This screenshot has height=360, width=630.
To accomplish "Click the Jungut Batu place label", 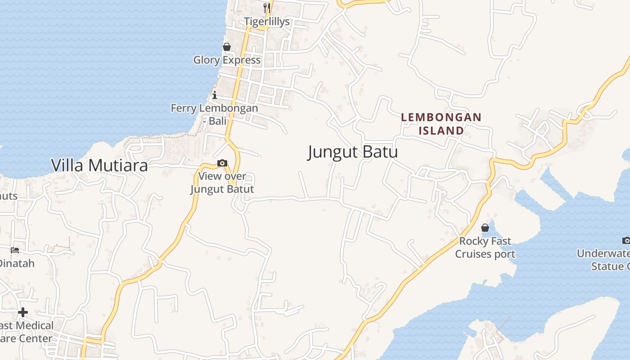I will tap(353, 152).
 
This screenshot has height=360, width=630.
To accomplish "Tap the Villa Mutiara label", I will tap(99, 166).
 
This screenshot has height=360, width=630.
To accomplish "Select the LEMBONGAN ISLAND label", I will tap(441, 124).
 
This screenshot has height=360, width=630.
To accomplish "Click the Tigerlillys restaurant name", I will tap(267, 22).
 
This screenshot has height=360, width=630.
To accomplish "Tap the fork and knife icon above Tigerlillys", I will tap(267, 8).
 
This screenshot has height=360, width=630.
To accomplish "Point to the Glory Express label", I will tap(227, 60).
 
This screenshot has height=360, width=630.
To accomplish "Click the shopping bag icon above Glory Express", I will tap(227, 47).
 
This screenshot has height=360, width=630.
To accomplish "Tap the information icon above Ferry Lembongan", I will tap(215, 95).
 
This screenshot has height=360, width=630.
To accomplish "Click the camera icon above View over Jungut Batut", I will tap(222, 163).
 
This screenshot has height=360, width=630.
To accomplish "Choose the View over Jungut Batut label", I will tap(222, 182).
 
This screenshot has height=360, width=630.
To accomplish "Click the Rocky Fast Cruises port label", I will tap(485, 247).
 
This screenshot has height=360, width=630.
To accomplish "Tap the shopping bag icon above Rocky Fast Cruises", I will tap(485, 228).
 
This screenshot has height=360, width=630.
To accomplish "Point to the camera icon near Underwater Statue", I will tap(625, 240).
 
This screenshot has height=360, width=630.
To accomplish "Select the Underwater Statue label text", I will tap(605, 260).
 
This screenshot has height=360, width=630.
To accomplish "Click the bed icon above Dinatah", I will tap(15, 250).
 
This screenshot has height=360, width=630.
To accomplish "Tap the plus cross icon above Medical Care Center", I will tap(23, 312).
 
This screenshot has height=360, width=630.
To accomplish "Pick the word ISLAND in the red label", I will tap(441, 130).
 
